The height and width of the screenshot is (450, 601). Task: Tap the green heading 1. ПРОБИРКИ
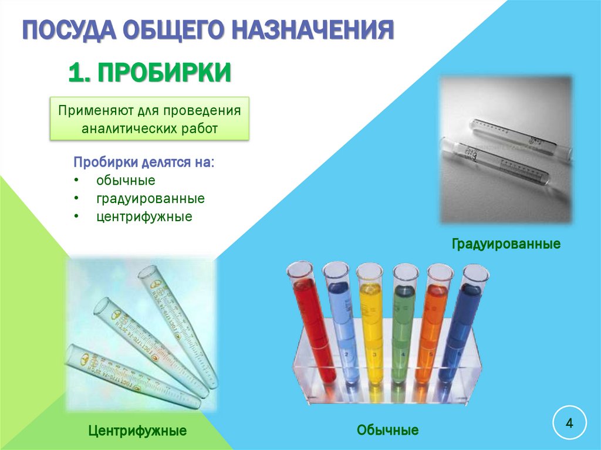pyautogui.click(x=149, y=73)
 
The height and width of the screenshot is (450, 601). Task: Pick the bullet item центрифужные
pyautogui.click(x=144, y=216)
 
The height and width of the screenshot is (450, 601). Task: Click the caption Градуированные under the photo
pyautogui.click(x=506, y=243)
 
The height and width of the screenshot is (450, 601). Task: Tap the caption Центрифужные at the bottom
pyautogui.click(x=137, y=431)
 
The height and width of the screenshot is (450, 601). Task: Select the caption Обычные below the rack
pyautogui.click(x=387, y=431)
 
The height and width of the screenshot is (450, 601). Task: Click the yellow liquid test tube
pyautogui.click(x=372, y=329)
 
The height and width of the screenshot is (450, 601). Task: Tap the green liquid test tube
pyautogui.click(x=403, y=329)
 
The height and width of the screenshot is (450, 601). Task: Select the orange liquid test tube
pyautogui.click(x=431, y=329)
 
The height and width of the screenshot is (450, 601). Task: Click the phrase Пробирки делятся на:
pyautogui.click(x=144, y=162)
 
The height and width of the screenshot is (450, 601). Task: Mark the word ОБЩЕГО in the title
pyautogui.click(x=170, y=29)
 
